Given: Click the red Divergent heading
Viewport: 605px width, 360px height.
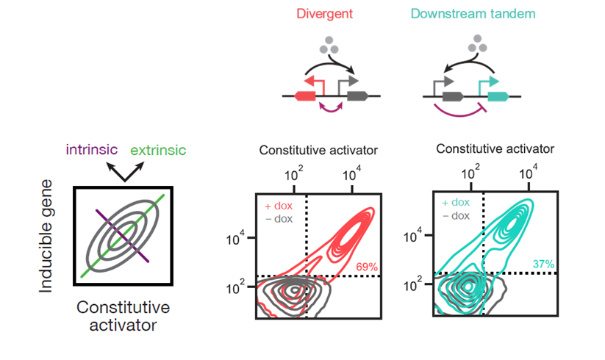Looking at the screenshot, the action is pyautogui.click(x=324, y=14).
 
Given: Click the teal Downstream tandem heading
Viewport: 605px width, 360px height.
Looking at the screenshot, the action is pyautogui.click(x=473, y=14).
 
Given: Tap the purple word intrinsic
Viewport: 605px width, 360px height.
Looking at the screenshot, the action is pyautogui.click(x=91, y=150).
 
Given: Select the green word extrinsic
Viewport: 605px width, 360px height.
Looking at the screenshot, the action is pyautogui.click(x=158, y=150).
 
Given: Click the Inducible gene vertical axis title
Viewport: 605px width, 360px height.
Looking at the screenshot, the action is pyautogui.click(x=46, y=236).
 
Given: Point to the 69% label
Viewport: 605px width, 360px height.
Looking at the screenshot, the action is pyautogui.click(x=367, y=267).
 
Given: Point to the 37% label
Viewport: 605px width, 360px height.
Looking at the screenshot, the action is pyautogui.click(x=544, y=264).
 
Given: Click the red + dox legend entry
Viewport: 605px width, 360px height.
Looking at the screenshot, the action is pyautogui.click(x=279, y=206).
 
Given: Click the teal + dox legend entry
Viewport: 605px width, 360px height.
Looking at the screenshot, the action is pyautogui.click(x=456, y=202).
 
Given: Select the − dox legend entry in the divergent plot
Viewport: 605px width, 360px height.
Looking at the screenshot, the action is pyautogui.click(x=279, y=219).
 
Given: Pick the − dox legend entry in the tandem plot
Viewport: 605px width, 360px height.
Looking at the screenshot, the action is pyautogui.click(x=456, y=215).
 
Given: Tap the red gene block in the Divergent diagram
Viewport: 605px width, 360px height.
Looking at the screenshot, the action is pyautogui.click(x=305, y=96).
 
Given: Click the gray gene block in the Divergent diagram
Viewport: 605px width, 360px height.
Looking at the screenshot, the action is pyautogui.click(x=358, y=96).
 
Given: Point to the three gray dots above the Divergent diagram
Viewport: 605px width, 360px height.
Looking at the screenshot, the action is pyautogui.click(x=329, y=46).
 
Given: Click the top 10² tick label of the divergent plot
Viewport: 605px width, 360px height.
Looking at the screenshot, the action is pyautogui.click(x=293, y=174).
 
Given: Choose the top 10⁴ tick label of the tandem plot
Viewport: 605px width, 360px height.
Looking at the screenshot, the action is pyautogui.click(x=529, y=173).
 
